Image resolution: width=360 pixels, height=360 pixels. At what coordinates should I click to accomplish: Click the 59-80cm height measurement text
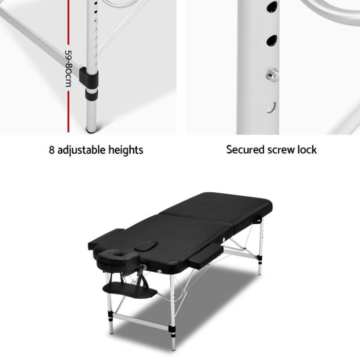click(68, 68)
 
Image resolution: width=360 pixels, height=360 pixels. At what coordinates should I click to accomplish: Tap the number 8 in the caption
click(51, 150)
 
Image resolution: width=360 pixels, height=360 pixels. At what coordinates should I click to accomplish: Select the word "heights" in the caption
click(126, 150)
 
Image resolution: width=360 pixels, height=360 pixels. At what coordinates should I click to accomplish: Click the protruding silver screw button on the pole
click(272, 75)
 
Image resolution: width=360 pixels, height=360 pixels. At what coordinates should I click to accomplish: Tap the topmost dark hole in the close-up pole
click(272, 6)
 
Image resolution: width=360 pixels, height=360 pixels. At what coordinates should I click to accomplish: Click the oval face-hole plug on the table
click(146, 246)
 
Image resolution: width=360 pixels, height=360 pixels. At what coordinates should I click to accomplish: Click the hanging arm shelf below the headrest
click(130, 290)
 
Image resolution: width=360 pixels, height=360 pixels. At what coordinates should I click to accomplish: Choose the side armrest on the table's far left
click(106, 239)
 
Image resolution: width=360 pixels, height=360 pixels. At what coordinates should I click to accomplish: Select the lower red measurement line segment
click(68, 112)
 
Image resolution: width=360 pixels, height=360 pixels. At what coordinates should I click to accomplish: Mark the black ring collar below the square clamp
click(92, 94)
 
